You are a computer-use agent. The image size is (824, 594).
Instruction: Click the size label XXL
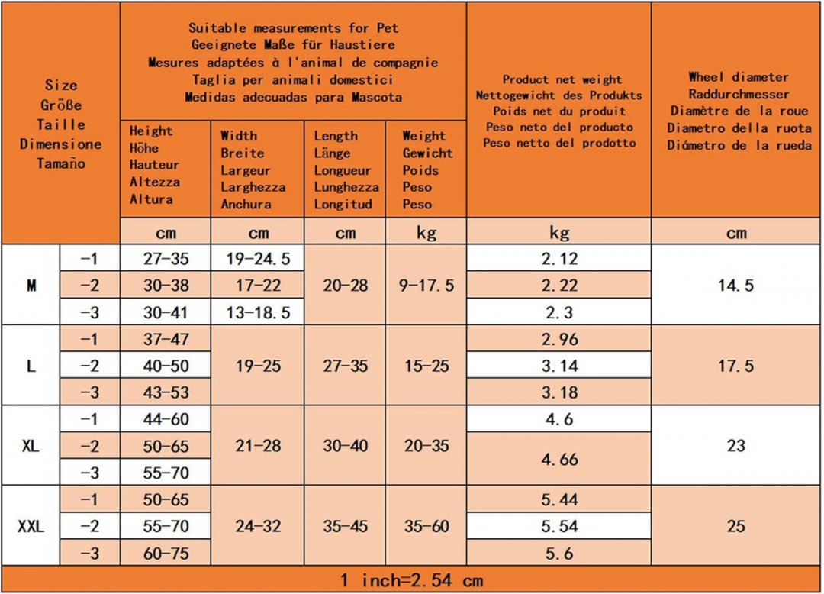31,526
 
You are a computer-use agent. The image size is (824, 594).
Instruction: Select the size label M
31,286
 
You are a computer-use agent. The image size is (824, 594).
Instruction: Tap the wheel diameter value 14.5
735,286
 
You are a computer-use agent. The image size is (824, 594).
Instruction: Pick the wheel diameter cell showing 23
735,446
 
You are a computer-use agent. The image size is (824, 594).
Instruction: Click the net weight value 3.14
559,366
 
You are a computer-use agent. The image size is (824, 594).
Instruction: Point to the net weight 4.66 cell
559,460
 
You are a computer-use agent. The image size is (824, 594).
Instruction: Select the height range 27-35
166,259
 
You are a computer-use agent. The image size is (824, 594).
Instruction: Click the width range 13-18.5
258,312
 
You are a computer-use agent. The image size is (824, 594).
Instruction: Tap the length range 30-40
346,446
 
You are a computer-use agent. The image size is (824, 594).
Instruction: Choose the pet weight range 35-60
426,526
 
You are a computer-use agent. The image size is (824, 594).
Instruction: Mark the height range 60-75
166,554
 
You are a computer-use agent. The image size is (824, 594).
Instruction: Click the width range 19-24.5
258,259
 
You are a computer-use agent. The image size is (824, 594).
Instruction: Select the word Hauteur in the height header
154,165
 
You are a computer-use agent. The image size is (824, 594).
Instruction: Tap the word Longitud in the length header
343,204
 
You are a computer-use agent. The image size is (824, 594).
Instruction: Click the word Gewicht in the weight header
428,153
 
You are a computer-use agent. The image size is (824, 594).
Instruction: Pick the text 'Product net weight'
562,79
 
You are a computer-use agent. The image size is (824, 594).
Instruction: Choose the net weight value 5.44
559,500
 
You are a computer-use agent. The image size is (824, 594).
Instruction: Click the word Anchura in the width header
246,204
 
